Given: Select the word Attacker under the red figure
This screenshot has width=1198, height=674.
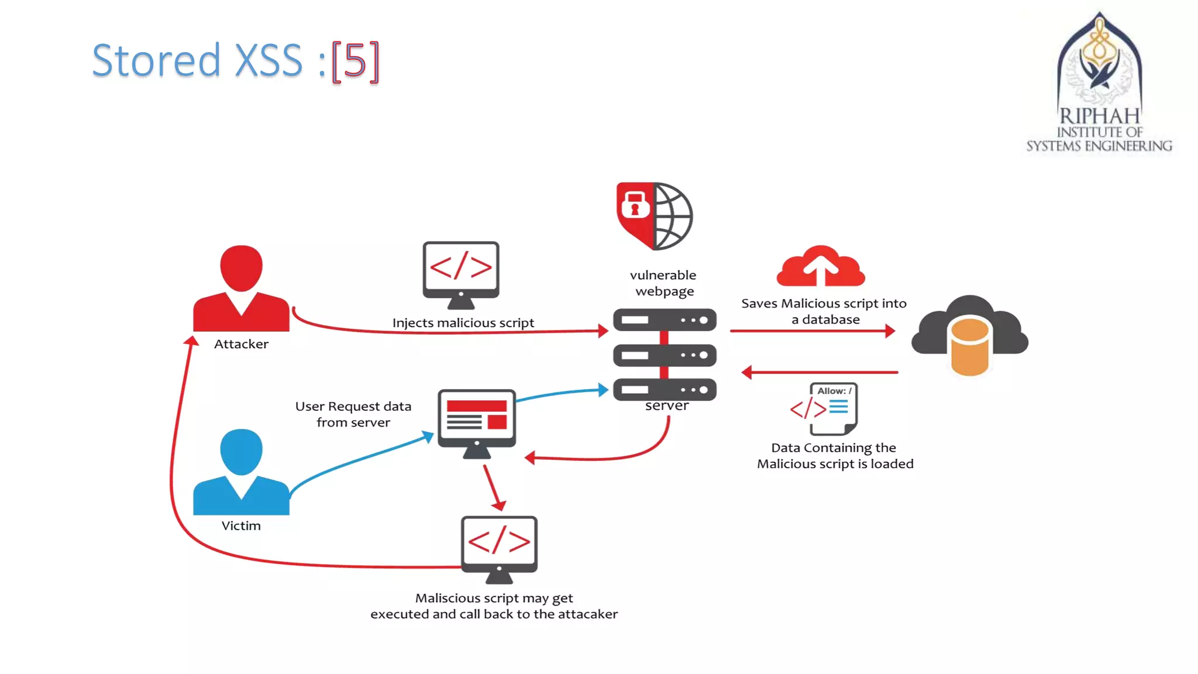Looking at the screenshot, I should click(241, 344).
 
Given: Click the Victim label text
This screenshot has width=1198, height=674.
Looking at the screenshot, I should click(241, 525).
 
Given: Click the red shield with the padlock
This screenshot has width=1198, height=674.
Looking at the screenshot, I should click(634, 211).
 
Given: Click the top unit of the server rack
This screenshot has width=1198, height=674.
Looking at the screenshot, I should click(665, 320).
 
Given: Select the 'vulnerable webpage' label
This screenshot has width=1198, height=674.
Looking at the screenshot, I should click(663, 283).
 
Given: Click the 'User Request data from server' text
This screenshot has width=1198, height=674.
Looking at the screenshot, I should click(353, 414).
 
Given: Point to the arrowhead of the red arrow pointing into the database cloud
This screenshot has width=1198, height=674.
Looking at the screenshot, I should click(890, 331).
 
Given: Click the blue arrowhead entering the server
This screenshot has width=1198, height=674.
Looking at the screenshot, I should click(603, 390).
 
